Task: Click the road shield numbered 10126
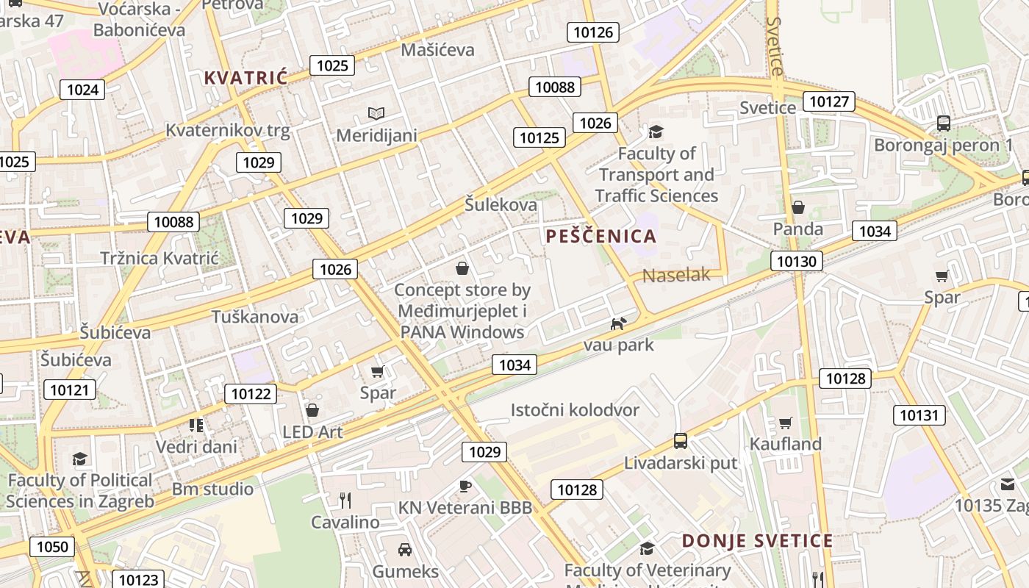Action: click(x=592, y=32)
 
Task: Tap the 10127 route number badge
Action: click(x=829, y=101)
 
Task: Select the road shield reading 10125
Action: click(x=539, y=137)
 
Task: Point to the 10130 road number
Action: click(x=797, y=261)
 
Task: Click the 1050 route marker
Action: click(x=52, y=547)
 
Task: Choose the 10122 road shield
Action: click(x=251, y=394)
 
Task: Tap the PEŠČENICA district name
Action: click(x=601, y=236)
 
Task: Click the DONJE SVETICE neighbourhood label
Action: click(x=757, y=541)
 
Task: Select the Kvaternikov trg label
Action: click(x=228, y=131)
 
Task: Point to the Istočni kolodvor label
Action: click(x=575, y=409)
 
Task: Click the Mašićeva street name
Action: click(x=438, y=50)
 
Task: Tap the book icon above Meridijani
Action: click(x=376, y=114)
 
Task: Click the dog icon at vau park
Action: click(x=619, y=323)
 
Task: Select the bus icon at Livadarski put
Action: click(x=681, y=441)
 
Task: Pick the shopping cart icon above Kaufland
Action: click(x=785, y=423)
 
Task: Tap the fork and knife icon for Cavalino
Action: click(x=345, y=501)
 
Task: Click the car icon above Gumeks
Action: click(x=405, y=549)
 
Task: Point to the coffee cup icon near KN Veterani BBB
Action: click(x=465, y=485)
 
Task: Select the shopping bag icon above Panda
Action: click(x=798, y=208)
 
